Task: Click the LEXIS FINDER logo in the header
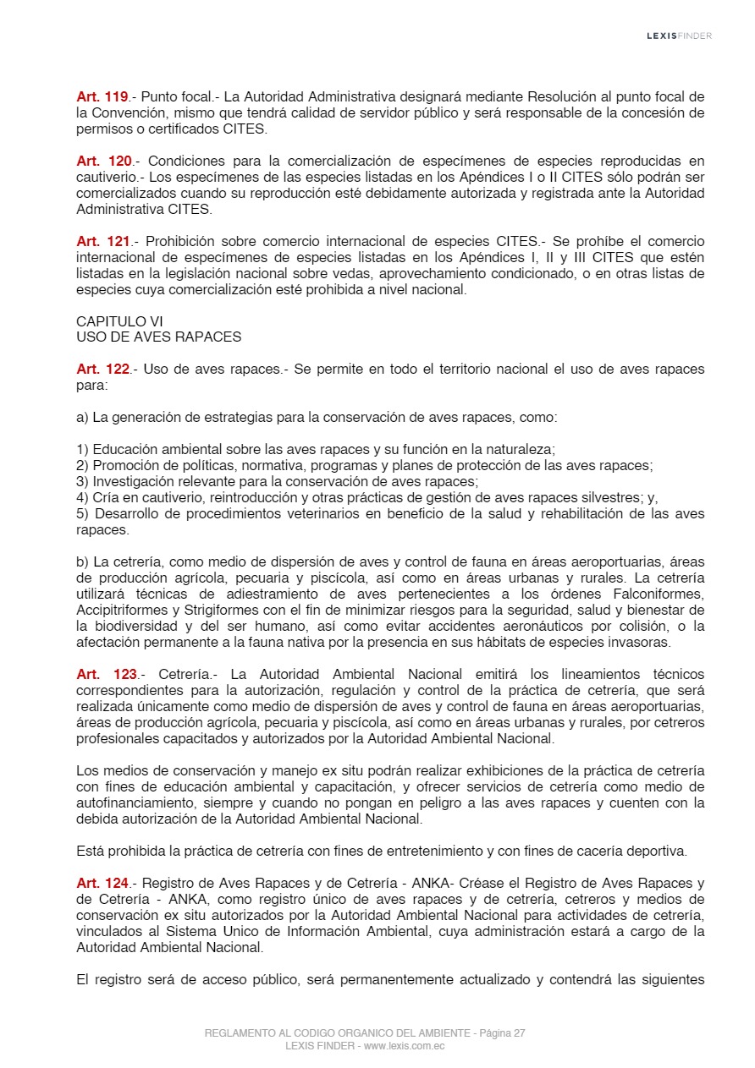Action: tap(679, 36)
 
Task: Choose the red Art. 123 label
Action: tap(107, 674)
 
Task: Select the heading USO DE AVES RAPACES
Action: tap(158, 337)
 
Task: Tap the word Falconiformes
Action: tap(662, 594)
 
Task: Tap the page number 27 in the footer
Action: tap(519, 1033)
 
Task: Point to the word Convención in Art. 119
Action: tap(139, 112)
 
